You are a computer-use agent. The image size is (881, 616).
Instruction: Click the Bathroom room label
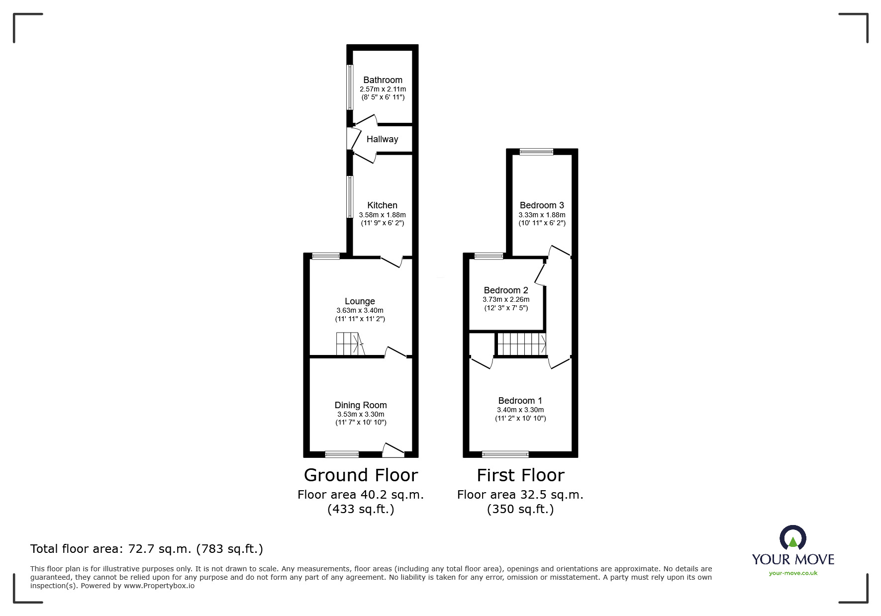click(x=383, y=80)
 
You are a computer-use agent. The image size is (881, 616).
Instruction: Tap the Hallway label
click(x=382, y=139)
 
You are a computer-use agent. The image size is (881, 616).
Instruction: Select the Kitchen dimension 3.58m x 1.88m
click(x=382, y=215)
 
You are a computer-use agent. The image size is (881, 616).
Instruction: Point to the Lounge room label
click(x=360, y=301)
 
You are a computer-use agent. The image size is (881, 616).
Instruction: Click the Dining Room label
click(x=360, y=405)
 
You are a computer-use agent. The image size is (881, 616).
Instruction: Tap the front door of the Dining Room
click(x=393, y=450)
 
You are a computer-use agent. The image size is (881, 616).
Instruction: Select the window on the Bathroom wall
click(x=350, y=88)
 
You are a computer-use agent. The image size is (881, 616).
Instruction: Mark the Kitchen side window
click(x=350, y=196)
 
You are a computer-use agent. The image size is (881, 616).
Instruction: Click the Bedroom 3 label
click(x=542, y=205)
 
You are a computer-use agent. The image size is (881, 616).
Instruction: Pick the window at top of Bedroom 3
click(x=536, y=152)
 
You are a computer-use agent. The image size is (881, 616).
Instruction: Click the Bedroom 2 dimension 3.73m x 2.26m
click(x=506, y=299)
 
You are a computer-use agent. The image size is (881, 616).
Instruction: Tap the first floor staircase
click(x=521, y=344)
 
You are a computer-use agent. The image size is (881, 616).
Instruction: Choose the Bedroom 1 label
click(x=520, y=401)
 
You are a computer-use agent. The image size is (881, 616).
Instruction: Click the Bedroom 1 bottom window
click(x=505, y=454)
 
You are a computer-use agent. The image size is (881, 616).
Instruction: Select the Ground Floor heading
click(x=361, y=475)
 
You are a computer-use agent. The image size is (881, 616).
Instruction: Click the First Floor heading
click(x=520, y=475)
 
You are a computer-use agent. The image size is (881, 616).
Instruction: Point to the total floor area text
click(x=147, y=549)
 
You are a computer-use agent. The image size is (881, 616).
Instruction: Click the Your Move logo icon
click(x=792, y=539)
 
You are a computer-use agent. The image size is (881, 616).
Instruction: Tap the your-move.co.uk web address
click(x=793, y=573)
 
